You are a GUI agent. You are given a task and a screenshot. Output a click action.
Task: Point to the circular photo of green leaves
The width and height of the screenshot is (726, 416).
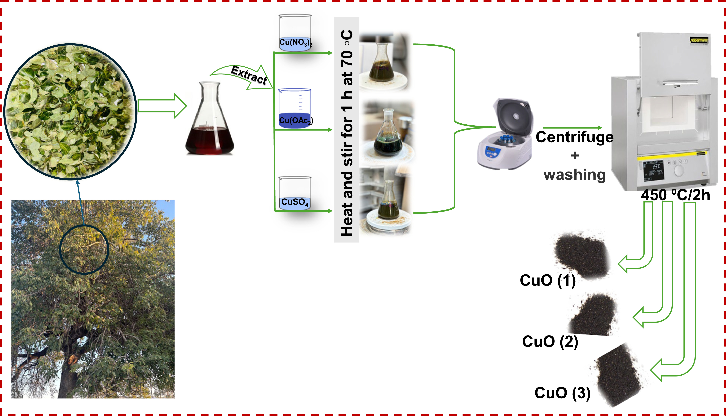[x=70, y=111]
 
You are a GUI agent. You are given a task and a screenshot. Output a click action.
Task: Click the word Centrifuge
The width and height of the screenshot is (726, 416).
[x=574, y=137]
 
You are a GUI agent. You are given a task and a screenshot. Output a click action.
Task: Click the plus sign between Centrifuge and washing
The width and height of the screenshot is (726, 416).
[x=574, y=156]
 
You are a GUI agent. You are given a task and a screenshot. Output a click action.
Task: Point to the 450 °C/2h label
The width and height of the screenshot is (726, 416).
[x=675, y=195]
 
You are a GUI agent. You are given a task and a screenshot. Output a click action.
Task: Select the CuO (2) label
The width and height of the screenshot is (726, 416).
[x=550, y=341]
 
